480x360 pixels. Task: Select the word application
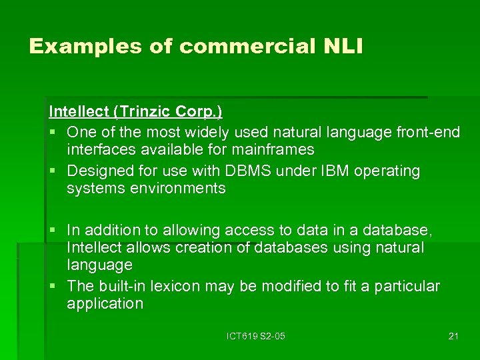(105, 303)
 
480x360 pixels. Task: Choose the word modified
(282, 286)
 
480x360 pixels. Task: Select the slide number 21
(453, 336)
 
